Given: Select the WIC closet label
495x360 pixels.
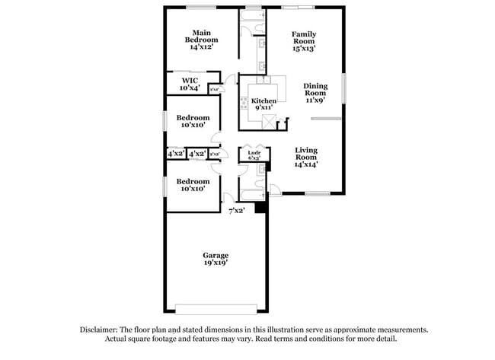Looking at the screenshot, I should (190, 80).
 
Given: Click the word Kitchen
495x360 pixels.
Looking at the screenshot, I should (264, 100).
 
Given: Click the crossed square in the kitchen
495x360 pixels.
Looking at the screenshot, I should (267, 120).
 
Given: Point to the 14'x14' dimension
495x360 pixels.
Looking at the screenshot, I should (307, 164).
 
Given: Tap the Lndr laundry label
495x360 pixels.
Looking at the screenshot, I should (254, 153).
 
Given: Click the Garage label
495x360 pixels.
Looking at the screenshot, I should (216, 255).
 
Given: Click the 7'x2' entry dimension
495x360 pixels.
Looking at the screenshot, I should (238, 209).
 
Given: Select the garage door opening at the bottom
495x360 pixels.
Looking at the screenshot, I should (216, 308).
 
